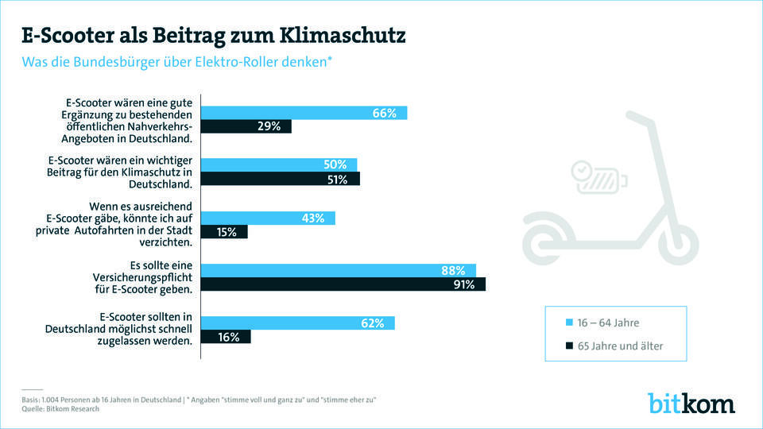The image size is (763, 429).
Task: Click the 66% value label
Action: pos(384,113)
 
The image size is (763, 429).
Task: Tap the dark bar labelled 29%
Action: pos(246,126)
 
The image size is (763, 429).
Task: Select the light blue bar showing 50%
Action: pos(279,164)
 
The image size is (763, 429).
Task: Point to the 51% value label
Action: pos(337,180)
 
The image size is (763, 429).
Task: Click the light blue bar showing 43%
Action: pos(268,218)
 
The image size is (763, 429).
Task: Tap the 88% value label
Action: pos(452,270)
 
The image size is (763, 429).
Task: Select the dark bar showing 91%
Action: pos(343,284)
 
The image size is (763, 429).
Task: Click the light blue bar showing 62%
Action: pos(297,323)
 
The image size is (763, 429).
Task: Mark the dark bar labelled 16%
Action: pos(226,337)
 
